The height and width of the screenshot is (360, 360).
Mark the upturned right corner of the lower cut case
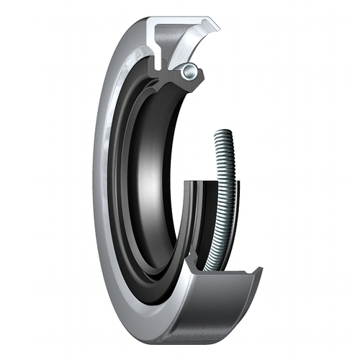[x=257, y=272]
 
